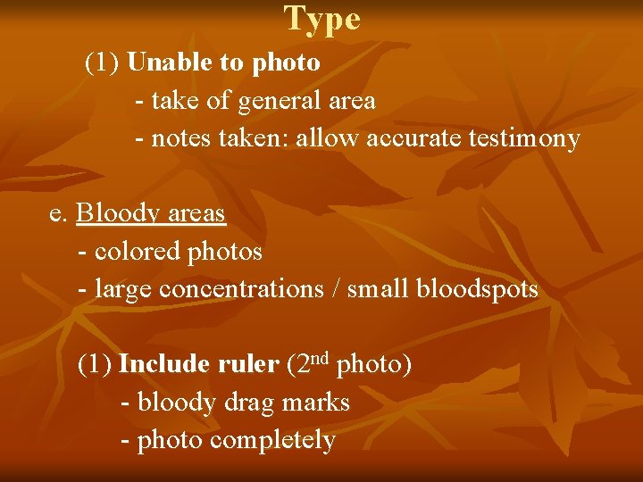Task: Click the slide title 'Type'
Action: coord(322,19)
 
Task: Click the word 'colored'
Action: coord(138,253)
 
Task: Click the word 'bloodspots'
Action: coord(482,289)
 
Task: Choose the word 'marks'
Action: coord(315,403)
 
